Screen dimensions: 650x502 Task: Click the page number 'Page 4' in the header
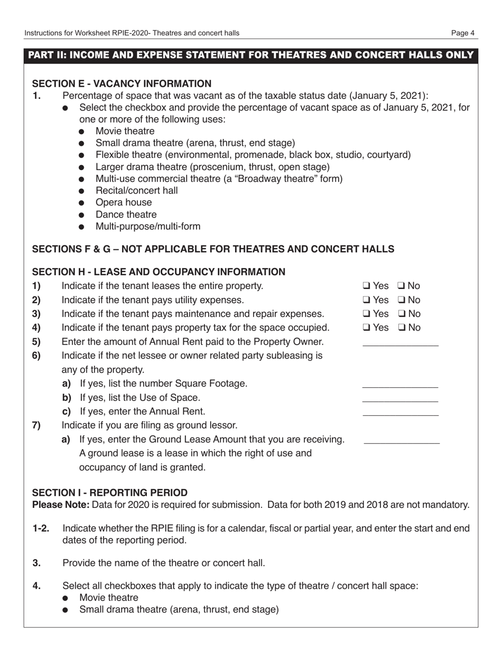pyautogui.click(x=462, y=33)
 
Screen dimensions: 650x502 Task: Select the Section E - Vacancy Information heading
pyautogui.click(x=122, y=83)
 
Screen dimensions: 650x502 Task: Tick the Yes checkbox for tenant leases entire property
pyautogui.click(x=366, y=286)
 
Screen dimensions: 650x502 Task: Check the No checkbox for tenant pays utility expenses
pyautogui.click(x=401, y=300)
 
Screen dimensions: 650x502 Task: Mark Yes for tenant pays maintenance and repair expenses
pyautogui.click(x=366, y=314)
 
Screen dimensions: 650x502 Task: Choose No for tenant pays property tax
pyautogui.click(x=401, y=328)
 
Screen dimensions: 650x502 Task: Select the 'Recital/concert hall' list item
pyautogui.click(x=136, y=191)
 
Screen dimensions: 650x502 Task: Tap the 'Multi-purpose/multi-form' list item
pyautogui.click(x=147, y=227)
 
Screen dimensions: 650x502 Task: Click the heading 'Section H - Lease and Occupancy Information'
pyautogui.click(x=159, y=272)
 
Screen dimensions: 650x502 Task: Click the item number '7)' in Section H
pyautogui.click(x=36, y=425)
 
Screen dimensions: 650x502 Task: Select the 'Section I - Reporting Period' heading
pyautogui.click(x=110, y=493)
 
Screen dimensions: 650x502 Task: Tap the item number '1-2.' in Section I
pyautogui.click(x=41, y=528)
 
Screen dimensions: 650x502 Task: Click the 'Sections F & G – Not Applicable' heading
pyautogui.click(x=213, y=249)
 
